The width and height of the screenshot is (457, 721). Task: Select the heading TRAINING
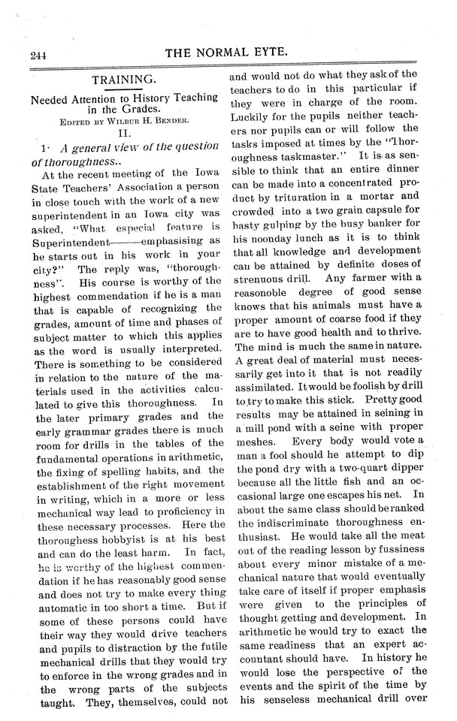click(124, 78)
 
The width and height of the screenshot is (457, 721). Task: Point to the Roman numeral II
click(125, 131)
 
